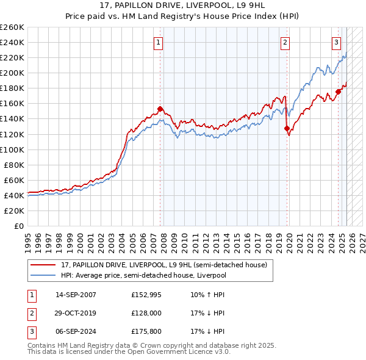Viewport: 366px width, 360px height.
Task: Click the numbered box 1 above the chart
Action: [x=158, y=42]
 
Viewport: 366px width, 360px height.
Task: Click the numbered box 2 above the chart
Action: [x=285, y=42]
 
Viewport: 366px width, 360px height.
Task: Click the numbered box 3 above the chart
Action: [x=336, y=42]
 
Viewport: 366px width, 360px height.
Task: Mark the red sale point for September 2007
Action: [x=160, y=109]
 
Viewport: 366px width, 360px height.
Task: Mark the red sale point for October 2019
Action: [x=287, y=128]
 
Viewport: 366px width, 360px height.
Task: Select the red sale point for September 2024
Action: [x=338, y=92]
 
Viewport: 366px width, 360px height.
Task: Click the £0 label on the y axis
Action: [x=19, y=226]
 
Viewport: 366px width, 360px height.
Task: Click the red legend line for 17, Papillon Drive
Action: [x=43, y=265]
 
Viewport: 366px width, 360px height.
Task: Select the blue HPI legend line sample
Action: [x=43, y=275]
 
